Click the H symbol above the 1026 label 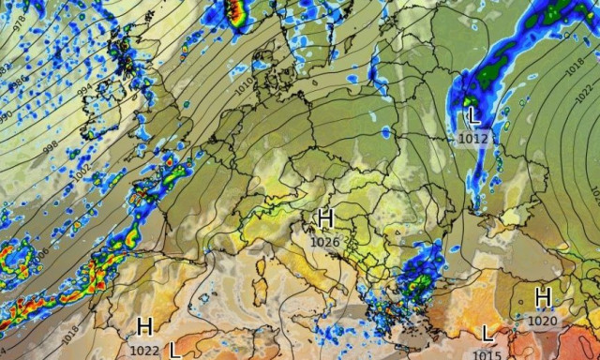[x=325, y=219]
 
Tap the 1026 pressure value [x=324, y=241]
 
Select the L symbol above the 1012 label [x=473, y=118]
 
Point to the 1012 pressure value [x=473, y=139]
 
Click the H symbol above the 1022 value [x=144, y=327]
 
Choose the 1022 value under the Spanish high [x=144, y=350]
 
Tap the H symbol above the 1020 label [x=542, y=298]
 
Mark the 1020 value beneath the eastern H [x=542, y=321]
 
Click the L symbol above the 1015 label [x=486, y=333]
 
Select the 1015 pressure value [x=486, y=353]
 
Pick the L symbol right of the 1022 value [x=175, y=350]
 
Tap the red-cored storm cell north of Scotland [x=236, y=11]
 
